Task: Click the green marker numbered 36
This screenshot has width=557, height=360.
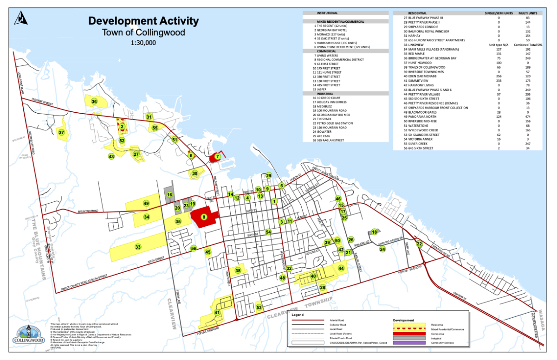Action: point(94,101)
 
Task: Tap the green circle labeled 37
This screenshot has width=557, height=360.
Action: point(61,133)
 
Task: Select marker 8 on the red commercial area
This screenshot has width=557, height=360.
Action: point(203,217)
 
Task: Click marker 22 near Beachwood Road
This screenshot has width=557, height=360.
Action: point(419,244)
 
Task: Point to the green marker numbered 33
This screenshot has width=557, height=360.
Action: point(138,247)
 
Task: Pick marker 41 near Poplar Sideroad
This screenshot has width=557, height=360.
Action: point(217,313)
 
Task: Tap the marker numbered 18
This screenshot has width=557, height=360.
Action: point(374,231)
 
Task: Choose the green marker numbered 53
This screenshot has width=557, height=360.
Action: point(259,307)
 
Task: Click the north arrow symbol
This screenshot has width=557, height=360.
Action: point(22,18)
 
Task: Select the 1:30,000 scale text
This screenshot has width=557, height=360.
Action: point(143,43)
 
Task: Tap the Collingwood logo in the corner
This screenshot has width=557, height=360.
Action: point(29,335)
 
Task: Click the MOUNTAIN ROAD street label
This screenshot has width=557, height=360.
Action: point(89,212)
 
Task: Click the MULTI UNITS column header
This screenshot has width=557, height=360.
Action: point(527,13)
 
